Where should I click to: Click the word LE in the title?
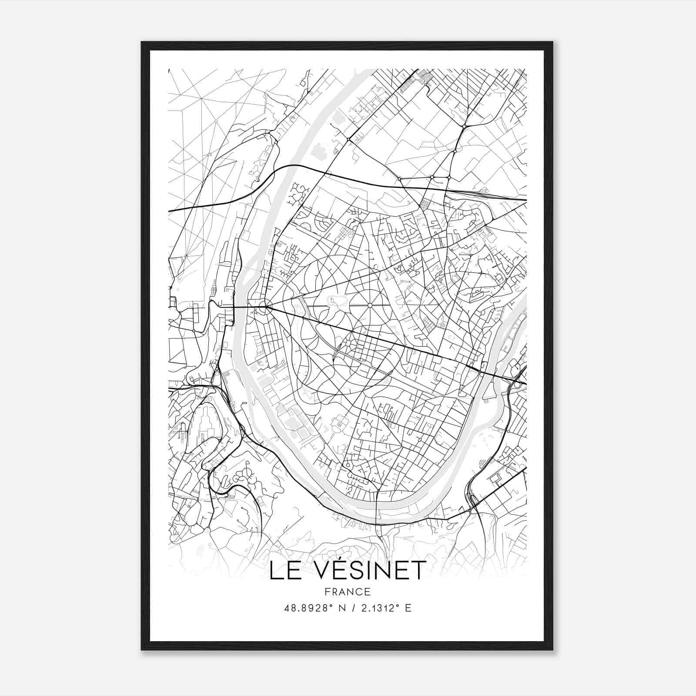pos(283,570)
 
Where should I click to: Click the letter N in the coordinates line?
pos(341,608)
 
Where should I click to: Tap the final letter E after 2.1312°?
pos(408,608)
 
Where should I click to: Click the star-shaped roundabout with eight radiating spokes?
pos(369,305)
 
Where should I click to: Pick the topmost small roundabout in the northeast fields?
pos(465,126)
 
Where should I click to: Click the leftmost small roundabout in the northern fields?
pos(348,140)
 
